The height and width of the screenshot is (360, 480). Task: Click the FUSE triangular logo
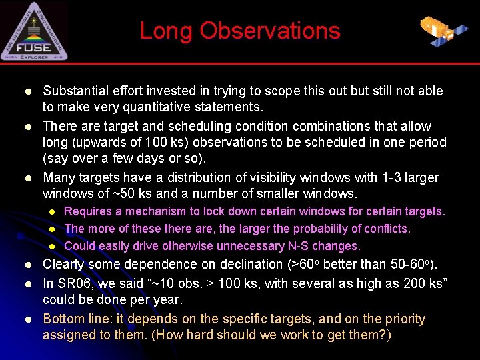coord(34,31)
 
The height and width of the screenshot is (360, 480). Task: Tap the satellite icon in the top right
coord(444,31)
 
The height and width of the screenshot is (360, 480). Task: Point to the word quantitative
coord(161,107)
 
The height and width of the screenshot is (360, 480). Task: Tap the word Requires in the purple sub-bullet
coord(87,211)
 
